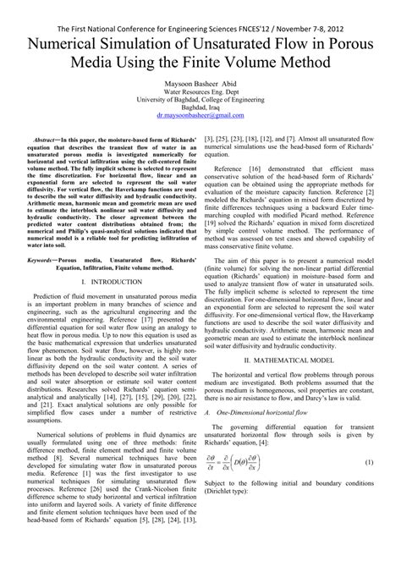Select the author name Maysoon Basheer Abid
point(200,87)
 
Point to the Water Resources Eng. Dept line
point(200,98)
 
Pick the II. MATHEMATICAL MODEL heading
point(297,406)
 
